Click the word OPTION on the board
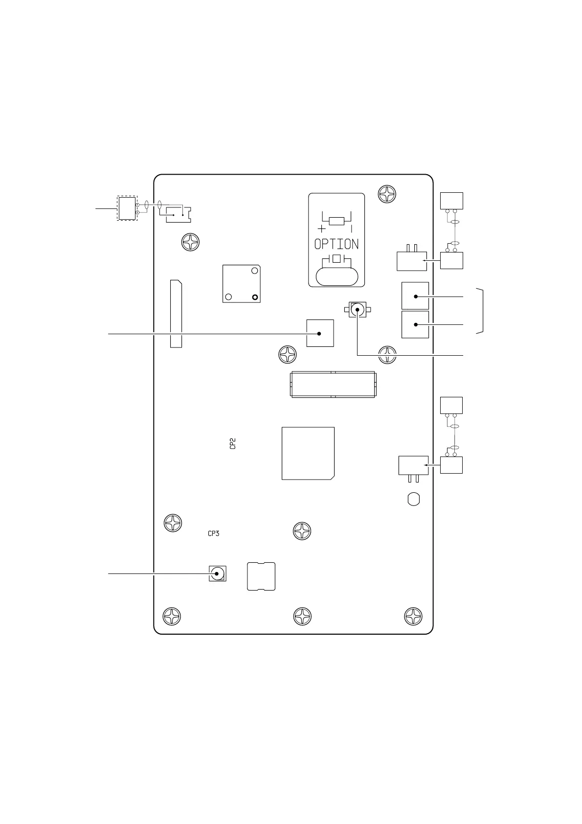click(336, 244)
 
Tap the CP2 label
click(233, 444)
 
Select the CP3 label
click(213, 533)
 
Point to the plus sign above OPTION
click(321, 229)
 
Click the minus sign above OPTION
click(352, 229)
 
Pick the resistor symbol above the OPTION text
click(336, 221)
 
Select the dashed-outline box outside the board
click(127, 208)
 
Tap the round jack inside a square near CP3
click(218, 573)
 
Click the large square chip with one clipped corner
click(308, 453)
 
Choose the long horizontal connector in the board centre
click(333, 385)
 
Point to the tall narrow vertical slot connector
click(176, 314)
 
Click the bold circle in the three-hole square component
click(254, 297)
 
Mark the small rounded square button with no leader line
click(413, 499)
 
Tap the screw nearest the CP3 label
click(173, 523)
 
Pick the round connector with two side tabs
click(358, 310)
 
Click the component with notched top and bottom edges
click(261, 576)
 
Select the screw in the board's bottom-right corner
click(413, 616)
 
